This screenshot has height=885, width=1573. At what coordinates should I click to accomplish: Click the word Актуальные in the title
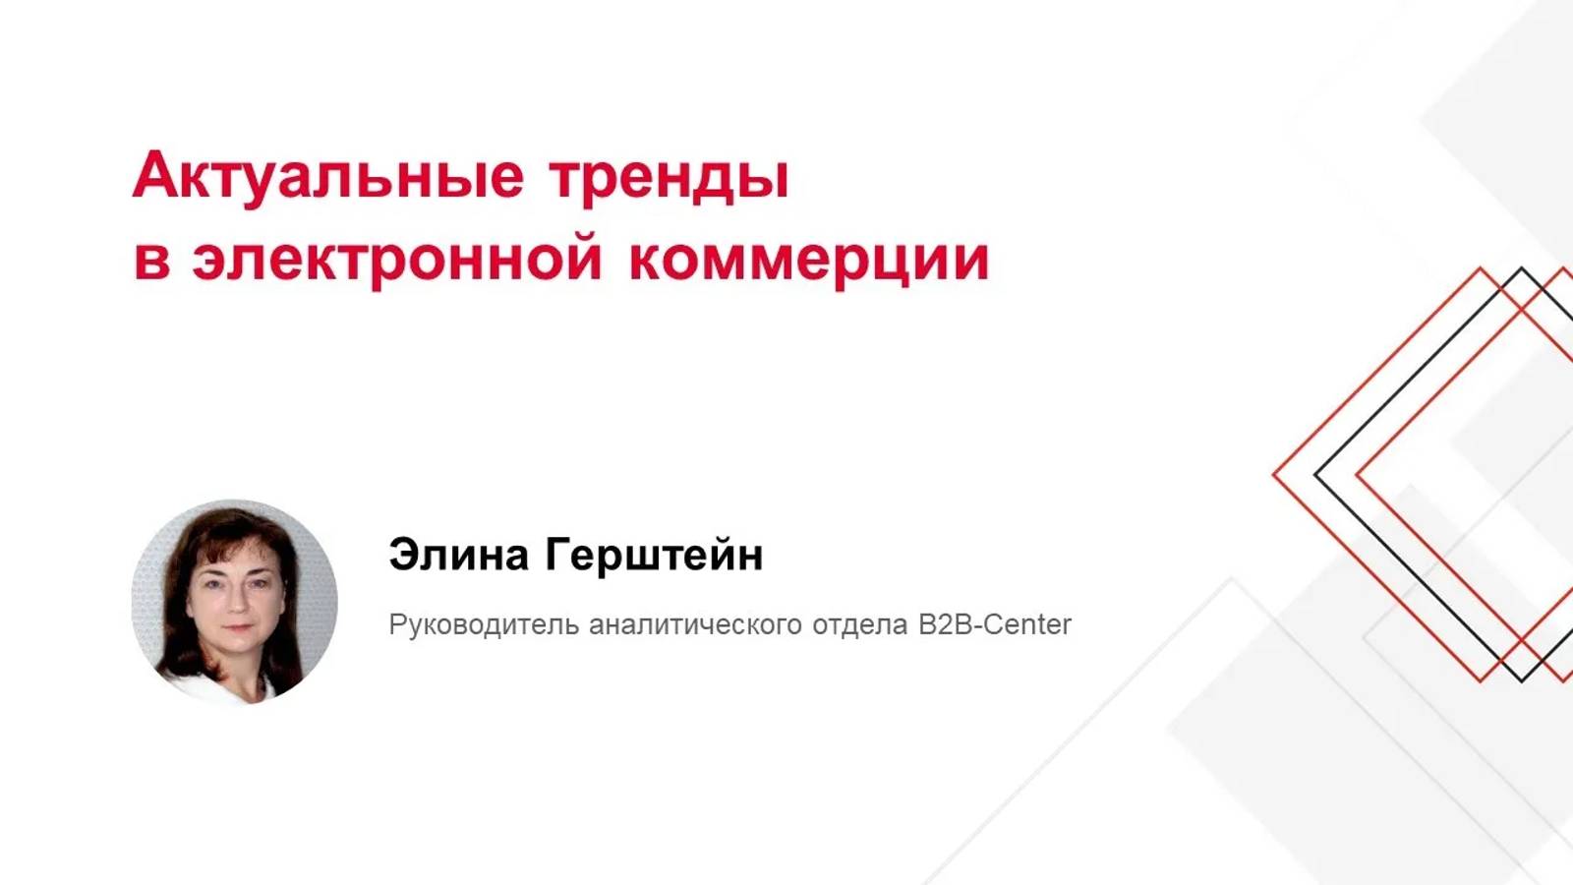point(328,178)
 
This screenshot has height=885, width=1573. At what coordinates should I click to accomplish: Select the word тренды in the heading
point(669,178)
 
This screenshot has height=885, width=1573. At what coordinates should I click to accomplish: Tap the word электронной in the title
point(396,259)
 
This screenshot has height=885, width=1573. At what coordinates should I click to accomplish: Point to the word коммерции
point(808,259)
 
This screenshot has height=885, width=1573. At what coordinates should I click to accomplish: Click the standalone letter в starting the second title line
point(151,260)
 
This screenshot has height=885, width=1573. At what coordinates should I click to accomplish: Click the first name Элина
point(458,556)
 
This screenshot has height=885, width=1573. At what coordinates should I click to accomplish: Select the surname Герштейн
point(654,556)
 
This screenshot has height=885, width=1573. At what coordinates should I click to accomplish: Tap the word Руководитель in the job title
point(484,624)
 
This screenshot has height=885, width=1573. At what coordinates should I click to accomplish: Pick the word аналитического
point(695,624)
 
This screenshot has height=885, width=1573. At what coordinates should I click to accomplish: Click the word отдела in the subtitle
point(859,624)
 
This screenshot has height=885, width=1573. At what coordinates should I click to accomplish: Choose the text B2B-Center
point(995,624)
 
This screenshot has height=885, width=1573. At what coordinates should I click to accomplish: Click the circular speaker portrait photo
point(234,602)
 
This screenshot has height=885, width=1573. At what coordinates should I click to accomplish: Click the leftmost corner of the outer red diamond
point(1274,475)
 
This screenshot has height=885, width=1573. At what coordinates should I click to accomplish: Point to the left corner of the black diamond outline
point(1315,475)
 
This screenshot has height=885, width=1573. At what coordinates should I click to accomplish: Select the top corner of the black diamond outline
point(1521,268)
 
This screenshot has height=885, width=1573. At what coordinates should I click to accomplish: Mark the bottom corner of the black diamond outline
point(1521,680)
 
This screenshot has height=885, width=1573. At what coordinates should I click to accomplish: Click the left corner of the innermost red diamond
point(1358,475)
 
